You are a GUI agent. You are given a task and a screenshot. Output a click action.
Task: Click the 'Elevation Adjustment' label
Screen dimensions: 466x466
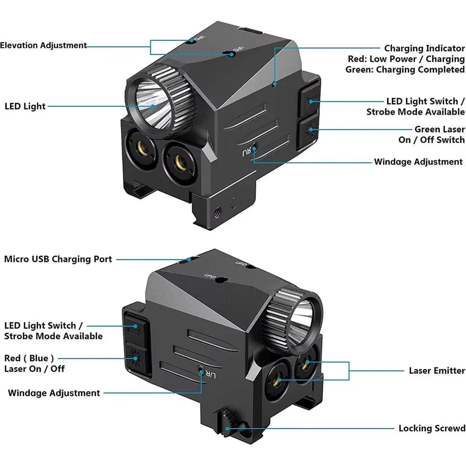click(44, 46)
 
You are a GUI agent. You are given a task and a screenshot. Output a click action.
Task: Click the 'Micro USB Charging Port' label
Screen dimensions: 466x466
click(58, 259)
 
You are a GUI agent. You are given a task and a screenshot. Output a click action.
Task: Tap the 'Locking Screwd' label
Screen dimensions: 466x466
click(432, 428)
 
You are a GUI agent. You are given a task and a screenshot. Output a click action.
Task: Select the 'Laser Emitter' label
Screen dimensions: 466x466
click(437, 371)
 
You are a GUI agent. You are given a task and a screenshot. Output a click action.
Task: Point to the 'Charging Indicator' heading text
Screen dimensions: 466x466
click(424, 49)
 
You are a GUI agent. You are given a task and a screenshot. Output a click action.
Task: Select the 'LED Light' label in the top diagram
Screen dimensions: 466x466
click(25, 106)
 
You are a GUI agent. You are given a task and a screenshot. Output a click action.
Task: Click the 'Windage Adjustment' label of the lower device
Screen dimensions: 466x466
click(54, 393)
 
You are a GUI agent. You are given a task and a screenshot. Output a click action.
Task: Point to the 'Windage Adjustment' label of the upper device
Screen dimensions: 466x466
click(418, 162)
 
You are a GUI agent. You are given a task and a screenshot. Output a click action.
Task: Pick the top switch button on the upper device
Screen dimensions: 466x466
click(309, 101)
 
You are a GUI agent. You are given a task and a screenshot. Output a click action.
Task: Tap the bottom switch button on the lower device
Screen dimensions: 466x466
click(134, 359)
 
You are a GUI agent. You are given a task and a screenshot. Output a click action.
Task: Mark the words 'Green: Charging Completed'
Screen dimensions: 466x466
click(405, 70)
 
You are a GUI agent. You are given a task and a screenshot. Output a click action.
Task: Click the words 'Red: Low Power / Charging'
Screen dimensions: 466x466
click(406, 59)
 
